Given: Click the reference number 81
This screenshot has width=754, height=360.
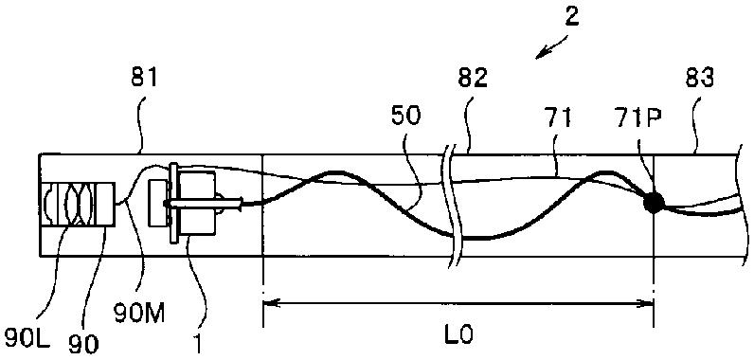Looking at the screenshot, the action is [x=144, y=78].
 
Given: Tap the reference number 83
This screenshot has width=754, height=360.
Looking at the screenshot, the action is [x=699, y=78].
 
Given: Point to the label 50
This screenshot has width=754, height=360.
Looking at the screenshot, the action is [x=406, y=117].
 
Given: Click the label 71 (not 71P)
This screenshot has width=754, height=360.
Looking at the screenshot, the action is [x=558, y=117].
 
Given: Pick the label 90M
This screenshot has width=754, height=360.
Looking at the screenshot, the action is [x=140, y=315].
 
